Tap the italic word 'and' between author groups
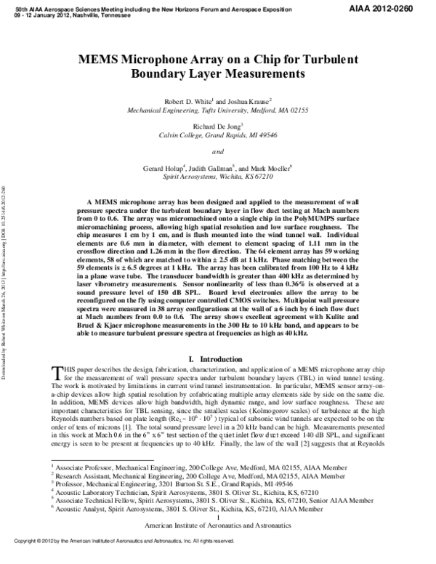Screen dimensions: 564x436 [x=218, y=151]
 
